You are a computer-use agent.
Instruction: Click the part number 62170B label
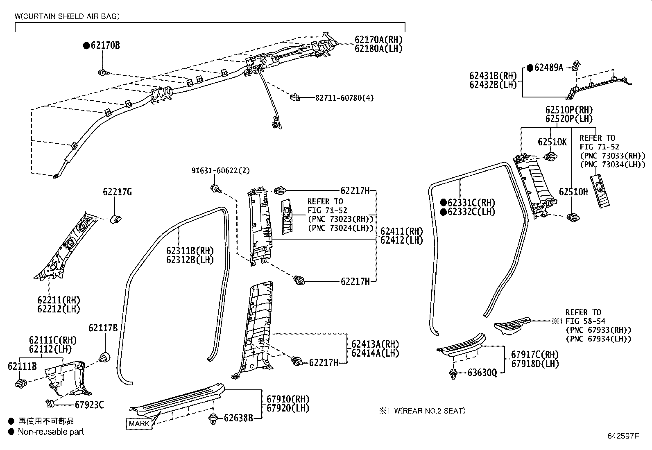point(105,45)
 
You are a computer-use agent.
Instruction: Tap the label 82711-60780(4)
point(344,98)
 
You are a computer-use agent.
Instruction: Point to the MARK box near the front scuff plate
point(139,423)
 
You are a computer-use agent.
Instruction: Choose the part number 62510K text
point(552,142)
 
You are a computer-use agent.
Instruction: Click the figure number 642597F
point(623,436)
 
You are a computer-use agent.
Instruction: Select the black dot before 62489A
point(530,68)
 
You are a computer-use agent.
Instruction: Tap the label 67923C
point(89,405)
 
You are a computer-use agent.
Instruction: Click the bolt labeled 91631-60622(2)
point(215,188)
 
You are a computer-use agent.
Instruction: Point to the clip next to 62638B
point(213,418)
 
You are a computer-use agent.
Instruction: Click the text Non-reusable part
point(51,432)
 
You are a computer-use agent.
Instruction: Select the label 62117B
point(103,328)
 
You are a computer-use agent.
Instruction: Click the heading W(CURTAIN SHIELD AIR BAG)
point(67,16)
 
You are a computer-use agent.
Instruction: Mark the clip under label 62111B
point(21,383)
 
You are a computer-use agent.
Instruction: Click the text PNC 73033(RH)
point(612,156)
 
